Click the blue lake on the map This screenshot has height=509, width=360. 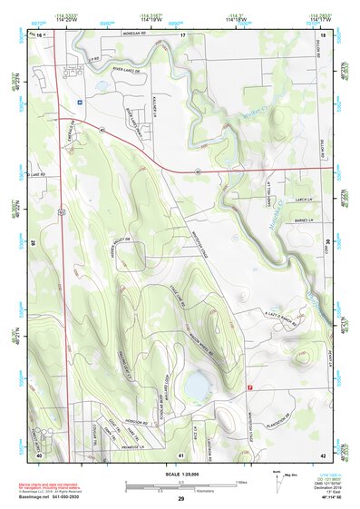(195, 387)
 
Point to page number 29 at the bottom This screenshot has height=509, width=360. (181, 500)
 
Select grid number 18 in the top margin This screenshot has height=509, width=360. (324, 34)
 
